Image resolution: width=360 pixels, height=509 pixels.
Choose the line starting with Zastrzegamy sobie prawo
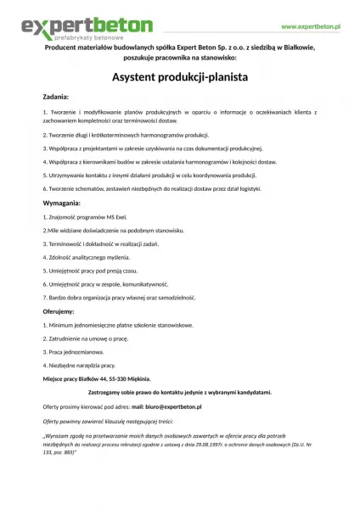[179, 392]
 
